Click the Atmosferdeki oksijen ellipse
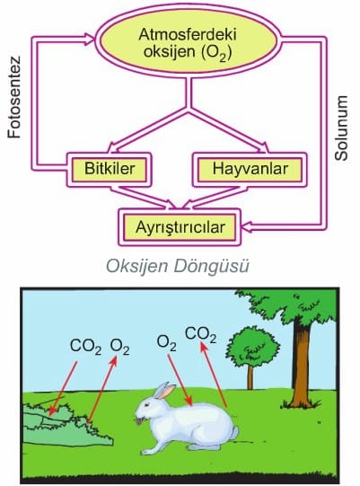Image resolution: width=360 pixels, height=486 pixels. pyautogui.click(x=189, y=41)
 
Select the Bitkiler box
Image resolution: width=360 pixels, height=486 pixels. pyautogui.click(x=110, y=169)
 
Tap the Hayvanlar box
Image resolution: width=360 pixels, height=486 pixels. pyautogui.click(x=250, y=169)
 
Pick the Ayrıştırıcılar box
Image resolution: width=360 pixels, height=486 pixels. pyautogui.click(x=180, y=227)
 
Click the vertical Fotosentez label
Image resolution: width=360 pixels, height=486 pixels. pyautogui.click(x=14, y=97)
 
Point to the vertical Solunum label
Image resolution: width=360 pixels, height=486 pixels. pyautogui.click(x=341, y=128)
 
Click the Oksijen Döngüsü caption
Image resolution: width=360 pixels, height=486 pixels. pyautogui.click(x=178, y=266)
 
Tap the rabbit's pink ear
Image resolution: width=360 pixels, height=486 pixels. pyautogui.click(x=165, y=391)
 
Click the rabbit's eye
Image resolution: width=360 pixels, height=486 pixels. pyautogui.click(x=146, y=405)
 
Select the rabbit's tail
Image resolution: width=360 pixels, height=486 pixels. pyautogui.click(x=234, y=432)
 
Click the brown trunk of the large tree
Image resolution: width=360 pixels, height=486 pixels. pyautogui.click(x=300, y=364)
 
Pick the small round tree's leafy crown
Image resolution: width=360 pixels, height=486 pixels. pyautogui.click(x=253, y=346)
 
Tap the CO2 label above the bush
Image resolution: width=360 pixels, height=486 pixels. pyautogui.click(x=85, y=346)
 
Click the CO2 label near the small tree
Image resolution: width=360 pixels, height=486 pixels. pyautogui.click(x=201, y=335)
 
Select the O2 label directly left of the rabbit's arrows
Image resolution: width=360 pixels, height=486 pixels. pyautogui.click(x=120, y=347)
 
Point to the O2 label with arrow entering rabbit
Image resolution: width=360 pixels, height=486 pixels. pyautogui.click(x=167, y=343)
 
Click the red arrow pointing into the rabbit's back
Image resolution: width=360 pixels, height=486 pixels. pyautogui.click(x=180, y=380)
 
